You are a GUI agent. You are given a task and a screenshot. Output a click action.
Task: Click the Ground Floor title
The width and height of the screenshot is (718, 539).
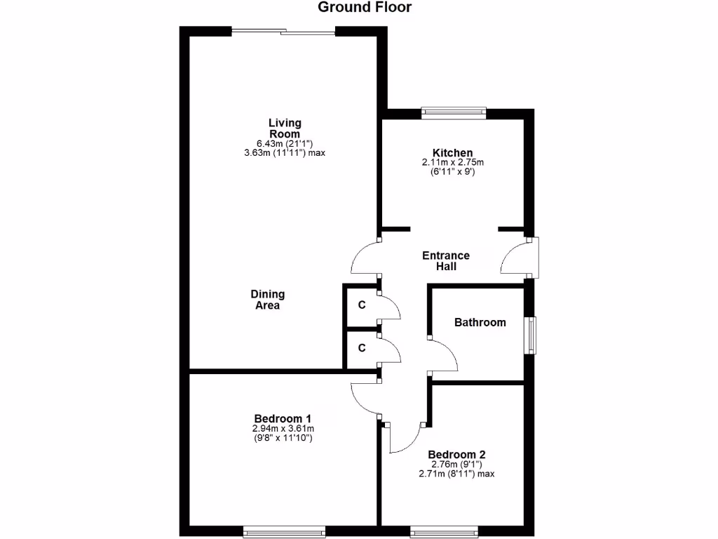(x=365, y=8)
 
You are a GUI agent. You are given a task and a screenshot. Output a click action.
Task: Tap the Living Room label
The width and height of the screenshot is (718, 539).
(x=285, y=128)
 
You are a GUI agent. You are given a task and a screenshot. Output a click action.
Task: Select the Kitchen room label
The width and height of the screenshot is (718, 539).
(x=452, y=153)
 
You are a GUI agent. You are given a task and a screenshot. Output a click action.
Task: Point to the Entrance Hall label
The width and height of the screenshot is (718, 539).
(x=446, y=261)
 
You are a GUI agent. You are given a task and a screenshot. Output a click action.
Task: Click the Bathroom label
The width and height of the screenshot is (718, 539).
(x=480, y=323)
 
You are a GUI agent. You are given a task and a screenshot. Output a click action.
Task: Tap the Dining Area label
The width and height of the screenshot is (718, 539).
(x=268, y=300)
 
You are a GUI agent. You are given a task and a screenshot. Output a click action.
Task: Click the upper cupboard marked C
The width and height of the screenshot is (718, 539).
(x=362, y=305)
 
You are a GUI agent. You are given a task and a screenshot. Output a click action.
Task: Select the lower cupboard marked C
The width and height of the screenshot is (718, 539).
(x=362, y=348)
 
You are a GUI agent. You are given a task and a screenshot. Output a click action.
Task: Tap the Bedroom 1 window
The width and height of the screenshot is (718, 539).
(x=284, y=533)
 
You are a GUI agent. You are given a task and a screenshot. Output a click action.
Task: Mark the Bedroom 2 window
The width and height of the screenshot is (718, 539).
(x=444, y=533)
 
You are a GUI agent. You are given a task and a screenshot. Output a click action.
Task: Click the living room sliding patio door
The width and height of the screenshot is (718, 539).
(x=284, y=31)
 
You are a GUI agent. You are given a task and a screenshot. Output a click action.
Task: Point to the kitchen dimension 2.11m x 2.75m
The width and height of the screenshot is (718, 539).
(x=453, y=163)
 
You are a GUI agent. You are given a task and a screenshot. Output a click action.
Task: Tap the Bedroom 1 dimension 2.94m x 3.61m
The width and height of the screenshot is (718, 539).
(x=283, y=428)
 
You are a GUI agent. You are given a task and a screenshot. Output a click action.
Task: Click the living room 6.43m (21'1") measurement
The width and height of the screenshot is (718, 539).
(x=284, y=143)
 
